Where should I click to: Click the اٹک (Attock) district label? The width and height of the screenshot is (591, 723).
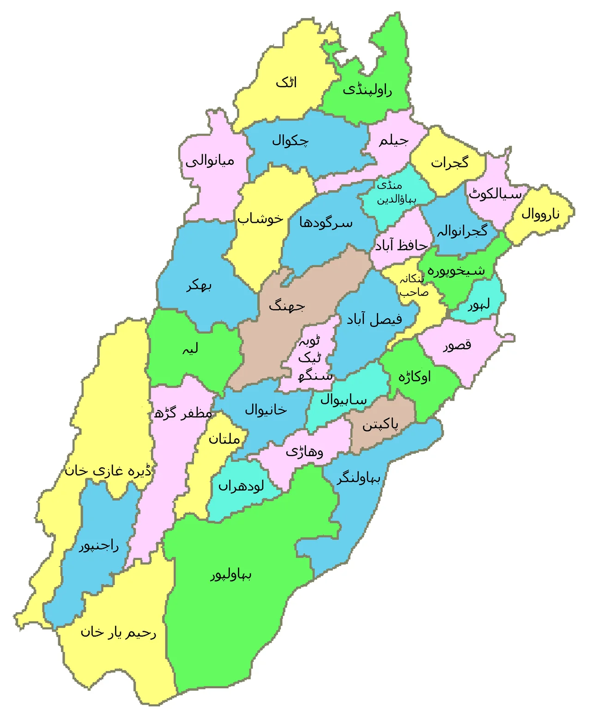pyautogui.click(x=286, y=83)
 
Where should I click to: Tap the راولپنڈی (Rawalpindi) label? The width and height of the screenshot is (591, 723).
pyautogui.click(x=368, y=90)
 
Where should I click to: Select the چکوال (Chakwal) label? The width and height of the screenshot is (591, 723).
pyautogui.click(x=290, y=140)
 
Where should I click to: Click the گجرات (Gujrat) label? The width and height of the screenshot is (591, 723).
pyautogui.click(x=450, y=163)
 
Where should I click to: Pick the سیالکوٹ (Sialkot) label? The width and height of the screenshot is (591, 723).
pyautogui.click(x=495, y=194)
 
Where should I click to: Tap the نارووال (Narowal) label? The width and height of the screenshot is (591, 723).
pyautogui.click(x=540, y=214)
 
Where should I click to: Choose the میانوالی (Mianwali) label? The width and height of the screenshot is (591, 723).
pyautogui.click(x=210, y=161)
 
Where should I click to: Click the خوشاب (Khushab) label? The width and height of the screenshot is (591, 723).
pyautogui.click(x=260, y=218)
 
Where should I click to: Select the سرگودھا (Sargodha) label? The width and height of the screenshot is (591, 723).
pyautogui.click(x=326, y=223)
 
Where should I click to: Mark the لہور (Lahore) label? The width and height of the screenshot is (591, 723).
pyautogui.click(x=478, y=305)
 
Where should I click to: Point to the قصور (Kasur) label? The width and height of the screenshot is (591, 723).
pyautogui.click(x=457, y=345)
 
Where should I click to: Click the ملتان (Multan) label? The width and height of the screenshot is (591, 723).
pyautogui.click(x=224, y=439)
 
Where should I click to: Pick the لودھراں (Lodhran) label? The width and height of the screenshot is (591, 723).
pyautogui.click(x=241, y=487)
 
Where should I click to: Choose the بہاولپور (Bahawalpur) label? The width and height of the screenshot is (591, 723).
pyautogui.click(x=231, y=575)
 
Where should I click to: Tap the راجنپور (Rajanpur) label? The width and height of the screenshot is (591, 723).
pyautogui.click(x=99, y=546)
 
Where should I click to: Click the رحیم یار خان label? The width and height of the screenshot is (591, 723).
pyautogui.click(x=119, y=632)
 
